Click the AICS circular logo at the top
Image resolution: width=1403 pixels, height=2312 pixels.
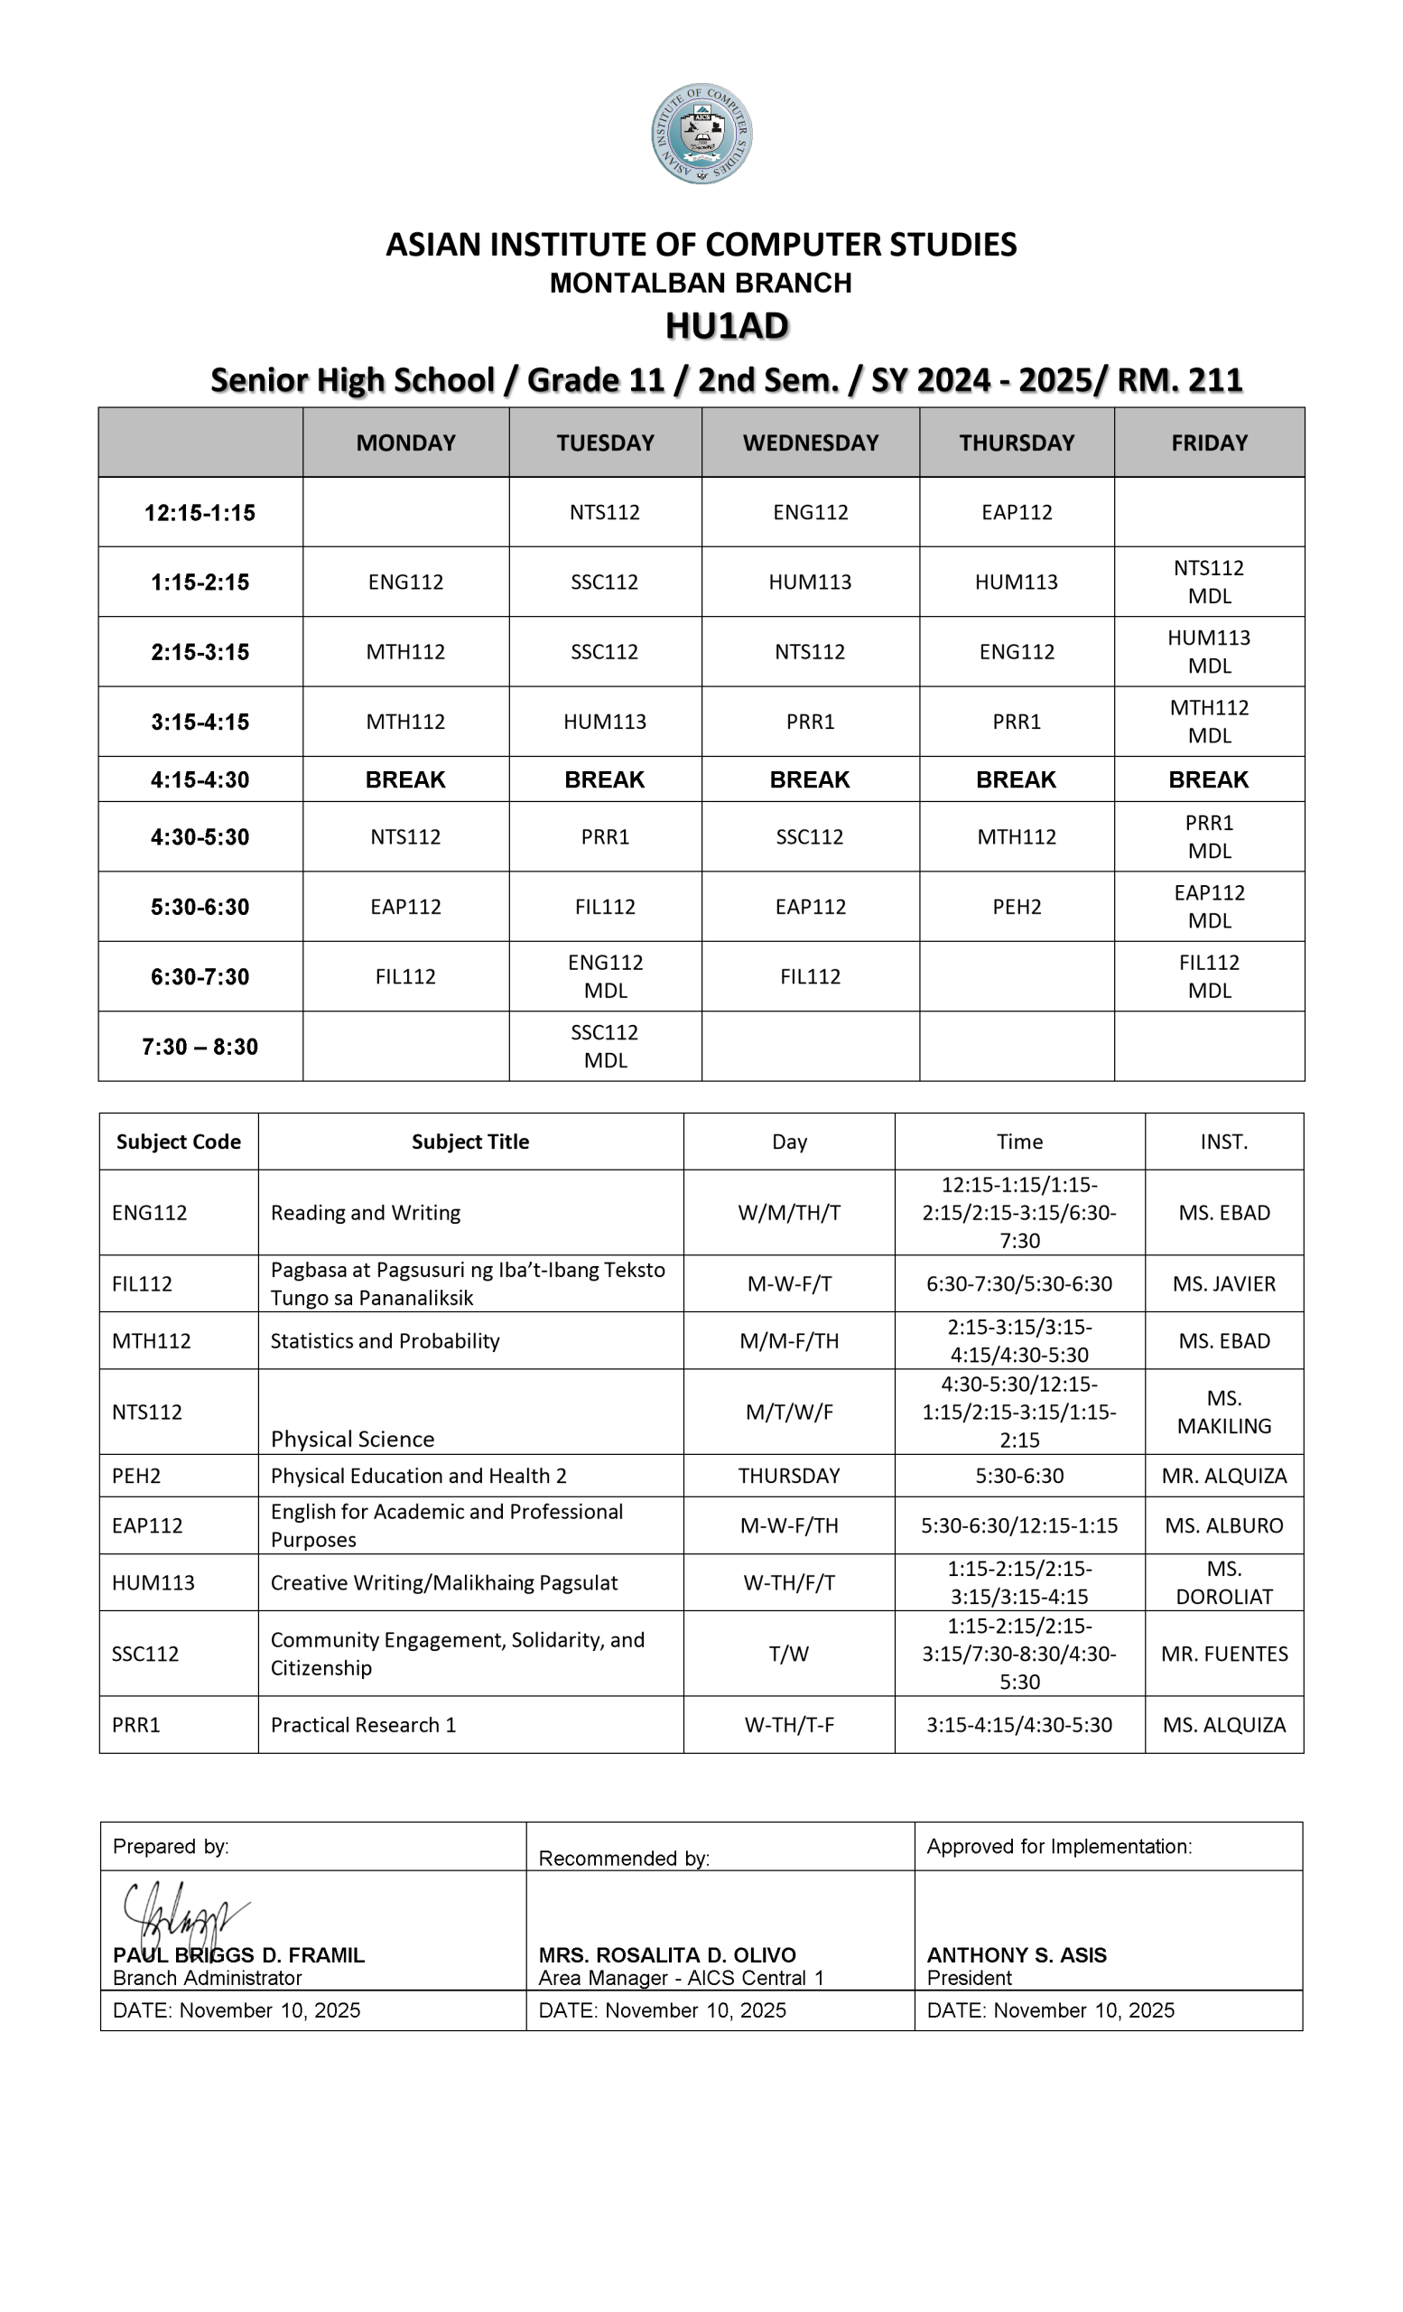coord(701,134)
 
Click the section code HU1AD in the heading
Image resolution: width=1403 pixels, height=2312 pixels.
coord(727,326)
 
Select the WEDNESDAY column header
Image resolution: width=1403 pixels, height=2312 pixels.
coord(810,443)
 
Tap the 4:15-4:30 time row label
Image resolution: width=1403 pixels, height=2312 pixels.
coord(200,779)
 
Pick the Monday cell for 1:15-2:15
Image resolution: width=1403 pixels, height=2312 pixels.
coord(405,582)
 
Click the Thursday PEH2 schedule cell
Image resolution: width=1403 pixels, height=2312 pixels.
coord(1017,907)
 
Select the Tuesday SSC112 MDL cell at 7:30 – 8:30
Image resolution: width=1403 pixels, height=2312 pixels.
coord(605,1046)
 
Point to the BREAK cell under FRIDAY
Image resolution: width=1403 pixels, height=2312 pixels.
coord(1208,779)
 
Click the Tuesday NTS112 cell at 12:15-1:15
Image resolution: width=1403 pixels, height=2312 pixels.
coord(605,512)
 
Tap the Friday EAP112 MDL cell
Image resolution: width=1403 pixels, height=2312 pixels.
coord(1209,907)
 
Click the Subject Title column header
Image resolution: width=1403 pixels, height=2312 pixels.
coord(469,1142)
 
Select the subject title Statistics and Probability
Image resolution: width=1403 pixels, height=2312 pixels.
coord(385,1341)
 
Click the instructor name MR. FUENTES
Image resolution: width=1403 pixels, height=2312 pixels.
coord(1224,1654)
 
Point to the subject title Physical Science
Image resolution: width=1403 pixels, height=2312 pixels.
coord(353,1440)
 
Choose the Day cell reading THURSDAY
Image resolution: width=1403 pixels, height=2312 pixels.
coord(789,1476)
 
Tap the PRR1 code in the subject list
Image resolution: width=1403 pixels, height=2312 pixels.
coord(136,1725)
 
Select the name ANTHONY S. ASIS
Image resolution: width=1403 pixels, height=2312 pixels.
coord(1017,1955)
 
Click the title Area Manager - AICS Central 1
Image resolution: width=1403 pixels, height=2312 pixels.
coord(681,1978)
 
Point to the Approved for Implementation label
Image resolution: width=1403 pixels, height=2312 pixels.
coord(1059,1847)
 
